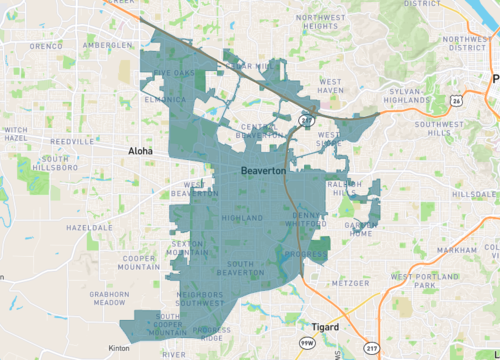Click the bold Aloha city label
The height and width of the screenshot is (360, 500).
[x=142, y=150]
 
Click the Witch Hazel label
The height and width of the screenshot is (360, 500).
[x=15, y=135]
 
